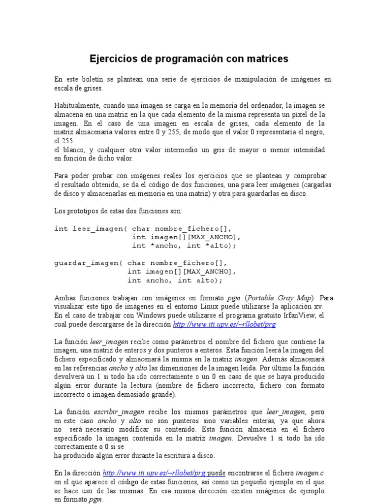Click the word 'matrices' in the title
point(263,59)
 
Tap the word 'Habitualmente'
point(76,106)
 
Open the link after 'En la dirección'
point(157,473)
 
